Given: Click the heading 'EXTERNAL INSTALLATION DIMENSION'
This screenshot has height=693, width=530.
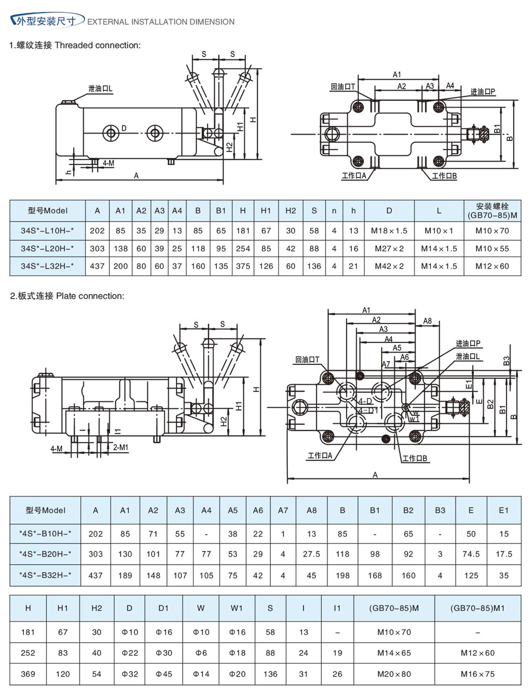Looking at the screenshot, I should coord(161,22).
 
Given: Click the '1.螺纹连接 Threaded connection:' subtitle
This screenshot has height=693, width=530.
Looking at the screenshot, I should coord(75,46).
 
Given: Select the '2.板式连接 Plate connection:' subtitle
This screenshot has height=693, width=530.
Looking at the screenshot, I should coord(67,296).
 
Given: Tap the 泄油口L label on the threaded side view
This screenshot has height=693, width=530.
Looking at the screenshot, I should coord(100,89).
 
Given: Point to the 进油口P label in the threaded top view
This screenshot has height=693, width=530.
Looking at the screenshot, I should coord(482,92).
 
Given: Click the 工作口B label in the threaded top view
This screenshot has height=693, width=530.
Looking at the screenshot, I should coord(444,176).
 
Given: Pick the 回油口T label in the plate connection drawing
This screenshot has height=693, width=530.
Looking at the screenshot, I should coord(307,360).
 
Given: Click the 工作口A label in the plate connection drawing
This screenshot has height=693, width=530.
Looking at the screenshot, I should coord(320,455).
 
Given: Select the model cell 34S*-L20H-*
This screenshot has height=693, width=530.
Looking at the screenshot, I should coord(48,248).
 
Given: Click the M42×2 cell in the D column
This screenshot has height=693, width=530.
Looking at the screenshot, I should coord(389,266).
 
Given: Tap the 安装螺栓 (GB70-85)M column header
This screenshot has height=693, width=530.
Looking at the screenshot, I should coord(492,210).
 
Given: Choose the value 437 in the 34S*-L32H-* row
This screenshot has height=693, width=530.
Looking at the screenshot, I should coord(97,266).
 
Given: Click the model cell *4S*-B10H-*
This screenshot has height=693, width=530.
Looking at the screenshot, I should coord(46,534).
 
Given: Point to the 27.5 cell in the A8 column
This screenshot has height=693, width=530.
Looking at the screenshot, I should coord(311,554).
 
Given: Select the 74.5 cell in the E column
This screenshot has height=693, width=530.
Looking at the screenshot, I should coord(471,554).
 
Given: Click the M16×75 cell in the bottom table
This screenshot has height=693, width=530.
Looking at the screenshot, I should coord(478,674).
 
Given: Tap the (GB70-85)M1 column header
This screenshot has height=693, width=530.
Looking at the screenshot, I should coord(478,608).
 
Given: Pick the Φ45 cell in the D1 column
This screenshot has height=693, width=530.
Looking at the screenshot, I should coord(163,674).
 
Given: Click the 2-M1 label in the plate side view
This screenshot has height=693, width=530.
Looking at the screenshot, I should coord(121,448).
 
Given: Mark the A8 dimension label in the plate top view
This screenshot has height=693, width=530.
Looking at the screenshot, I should coord(427,321).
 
